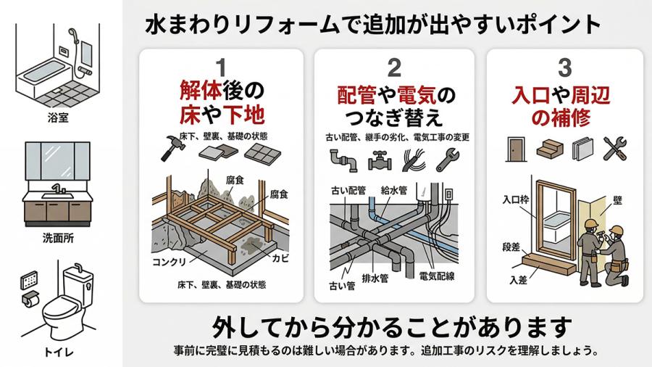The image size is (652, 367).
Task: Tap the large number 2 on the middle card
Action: (x=394, y=68)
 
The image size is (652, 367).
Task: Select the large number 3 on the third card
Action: (x=565, y=68)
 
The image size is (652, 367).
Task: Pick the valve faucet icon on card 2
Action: (x=379, y=161)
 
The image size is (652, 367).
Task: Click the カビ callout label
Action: (x=280, y=258)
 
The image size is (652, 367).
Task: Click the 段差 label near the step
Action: (x=511, y=247)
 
